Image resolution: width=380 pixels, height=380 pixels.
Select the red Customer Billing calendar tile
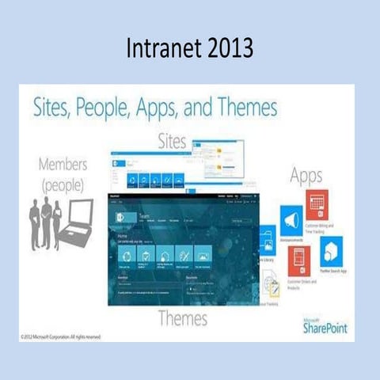point(318,203)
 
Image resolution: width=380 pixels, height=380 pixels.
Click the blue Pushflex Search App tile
point(330,252)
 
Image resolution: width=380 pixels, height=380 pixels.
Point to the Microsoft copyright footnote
point(61,336)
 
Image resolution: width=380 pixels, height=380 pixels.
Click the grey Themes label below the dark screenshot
point(182,318)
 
